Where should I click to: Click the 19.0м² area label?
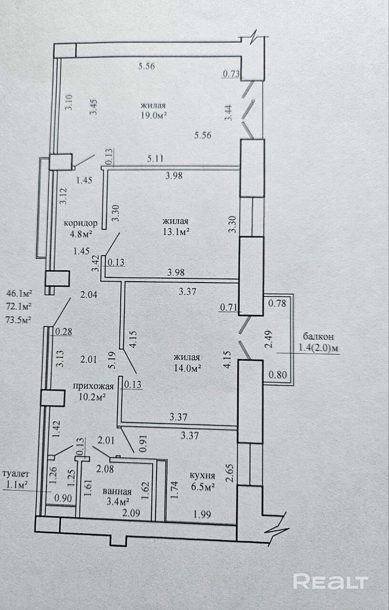[x=154, y=116]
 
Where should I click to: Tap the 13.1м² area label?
[x=177, y=232]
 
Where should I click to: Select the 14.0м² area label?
[x=188, y=368]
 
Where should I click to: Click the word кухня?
[x=202, y=476]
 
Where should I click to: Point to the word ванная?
[x=117, y=491]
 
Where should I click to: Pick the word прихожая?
[x=93, y=386]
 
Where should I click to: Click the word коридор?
[x=81, y=224]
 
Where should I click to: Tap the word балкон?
[x=318, y=336]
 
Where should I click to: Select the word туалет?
[x=15, y=474]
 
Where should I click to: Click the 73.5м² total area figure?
[x=19, y=320]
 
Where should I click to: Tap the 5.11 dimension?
[x=155, y=159]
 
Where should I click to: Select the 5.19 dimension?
[x=112, y=360]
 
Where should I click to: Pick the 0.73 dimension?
[x=231, y=74]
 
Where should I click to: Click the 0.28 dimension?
[x=64, y=332]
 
